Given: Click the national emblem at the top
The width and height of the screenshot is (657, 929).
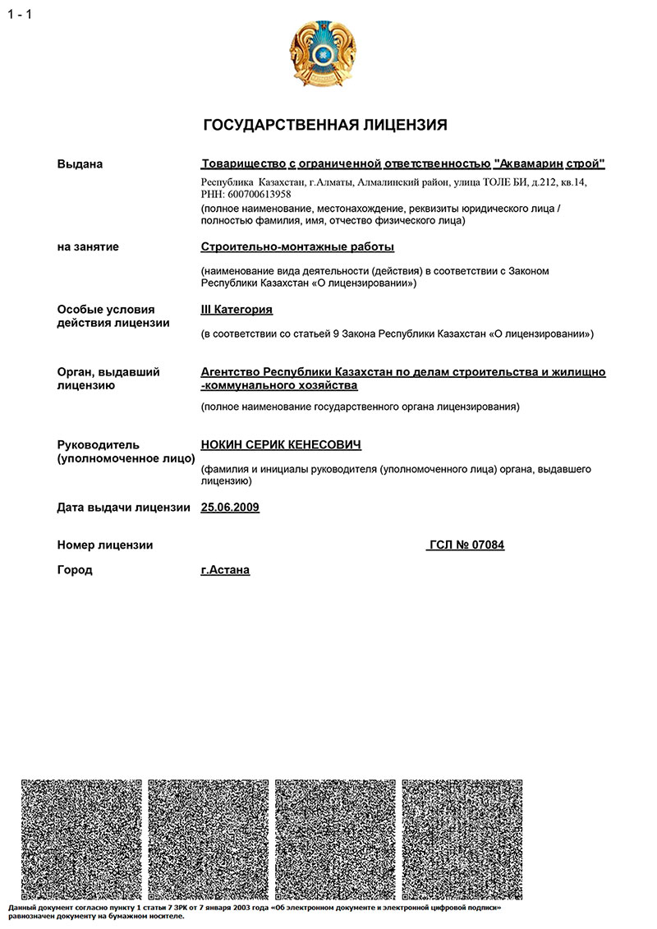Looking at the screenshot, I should coord(325,55).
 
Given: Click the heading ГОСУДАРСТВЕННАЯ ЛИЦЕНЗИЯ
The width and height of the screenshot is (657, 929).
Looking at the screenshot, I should coord(325,125).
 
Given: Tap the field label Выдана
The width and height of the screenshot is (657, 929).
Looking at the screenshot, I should coord(80,164).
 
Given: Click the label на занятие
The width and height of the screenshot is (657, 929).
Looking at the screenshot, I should coord(88,246).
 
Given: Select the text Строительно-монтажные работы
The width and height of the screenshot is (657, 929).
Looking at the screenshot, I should coord(297,246).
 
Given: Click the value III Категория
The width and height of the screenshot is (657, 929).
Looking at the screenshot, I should coord(237,310).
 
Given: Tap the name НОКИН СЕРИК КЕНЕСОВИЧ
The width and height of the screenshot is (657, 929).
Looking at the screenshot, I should coord(281,444).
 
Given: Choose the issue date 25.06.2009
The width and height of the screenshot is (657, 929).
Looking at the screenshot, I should coord(230,508).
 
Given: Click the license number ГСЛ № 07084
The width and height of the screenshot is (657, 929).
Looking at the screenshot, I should coord(466,545).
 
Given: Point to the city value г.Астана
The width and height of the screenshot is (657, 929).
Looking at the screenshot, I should coord(225,569).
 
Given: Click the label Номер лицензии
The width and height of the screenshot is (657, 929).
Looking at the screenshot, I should coord(105,545).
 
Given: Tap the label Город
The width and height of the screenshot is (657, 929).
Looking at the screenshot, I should coord(75,569).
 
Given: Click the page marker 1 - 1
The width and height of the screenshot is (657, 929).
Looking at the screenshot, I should coord(20,14).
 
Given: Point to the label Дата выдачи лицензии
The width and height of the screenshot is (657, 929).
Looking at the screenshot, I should coord(124,508).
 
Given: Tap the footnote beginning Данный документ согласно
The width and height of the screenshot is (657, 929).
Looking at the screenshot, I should coord(246,912).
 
